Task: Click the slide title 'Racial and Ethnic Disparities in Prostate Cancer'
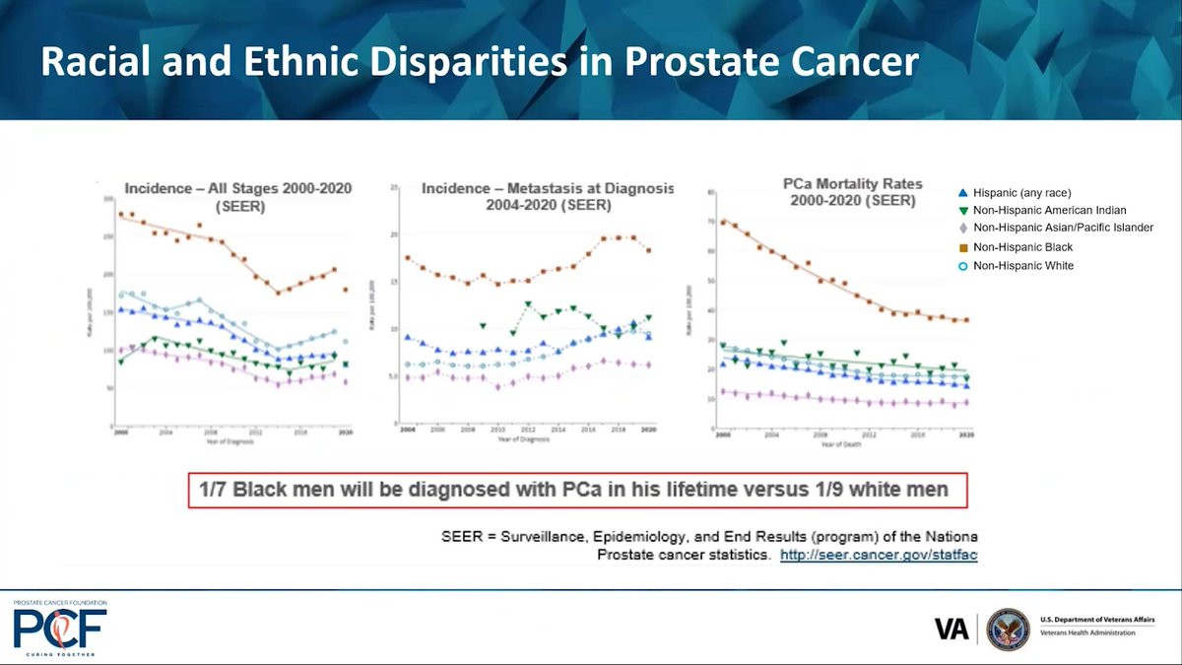point(479,61)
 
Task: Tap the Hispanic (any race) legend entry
point(1021,193)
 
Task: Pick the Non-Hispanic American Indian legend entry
point(1049,210)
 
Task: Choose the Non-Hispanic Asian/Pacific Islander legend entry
point(1062,228)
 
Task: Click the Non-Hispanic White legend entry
point(1022,266)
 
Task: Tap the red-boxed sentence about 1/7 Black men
point(578,490)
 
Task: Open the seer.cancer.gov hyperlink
point(878,556)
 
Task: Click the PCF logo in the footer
point(59,629)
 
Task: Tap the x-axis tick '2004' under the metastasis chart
point(407,431)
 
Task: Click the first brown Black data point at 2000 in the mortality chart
point(724,223)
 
